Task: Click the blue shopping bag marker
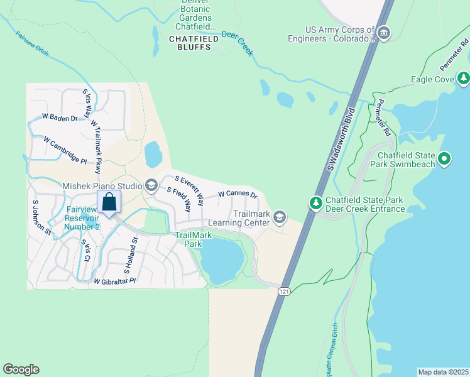(x=109, y=203)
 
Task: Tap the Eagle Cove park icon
(x=464, y=79)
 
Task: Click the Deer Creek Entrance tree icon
(x=315, y=203)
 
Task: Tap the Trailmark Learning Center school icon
(x=280, y=217)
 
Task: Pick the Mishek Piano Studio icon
(x=151, y=185)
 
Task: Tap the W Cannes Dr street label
(x=238, y=194)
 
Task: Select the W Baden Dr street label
(x=59, y=117)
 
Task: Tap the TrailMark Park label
(x=193, y=239)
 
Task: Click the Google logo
(x=21, y=369)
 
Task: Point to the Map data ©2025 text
(x=442, y=371)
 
